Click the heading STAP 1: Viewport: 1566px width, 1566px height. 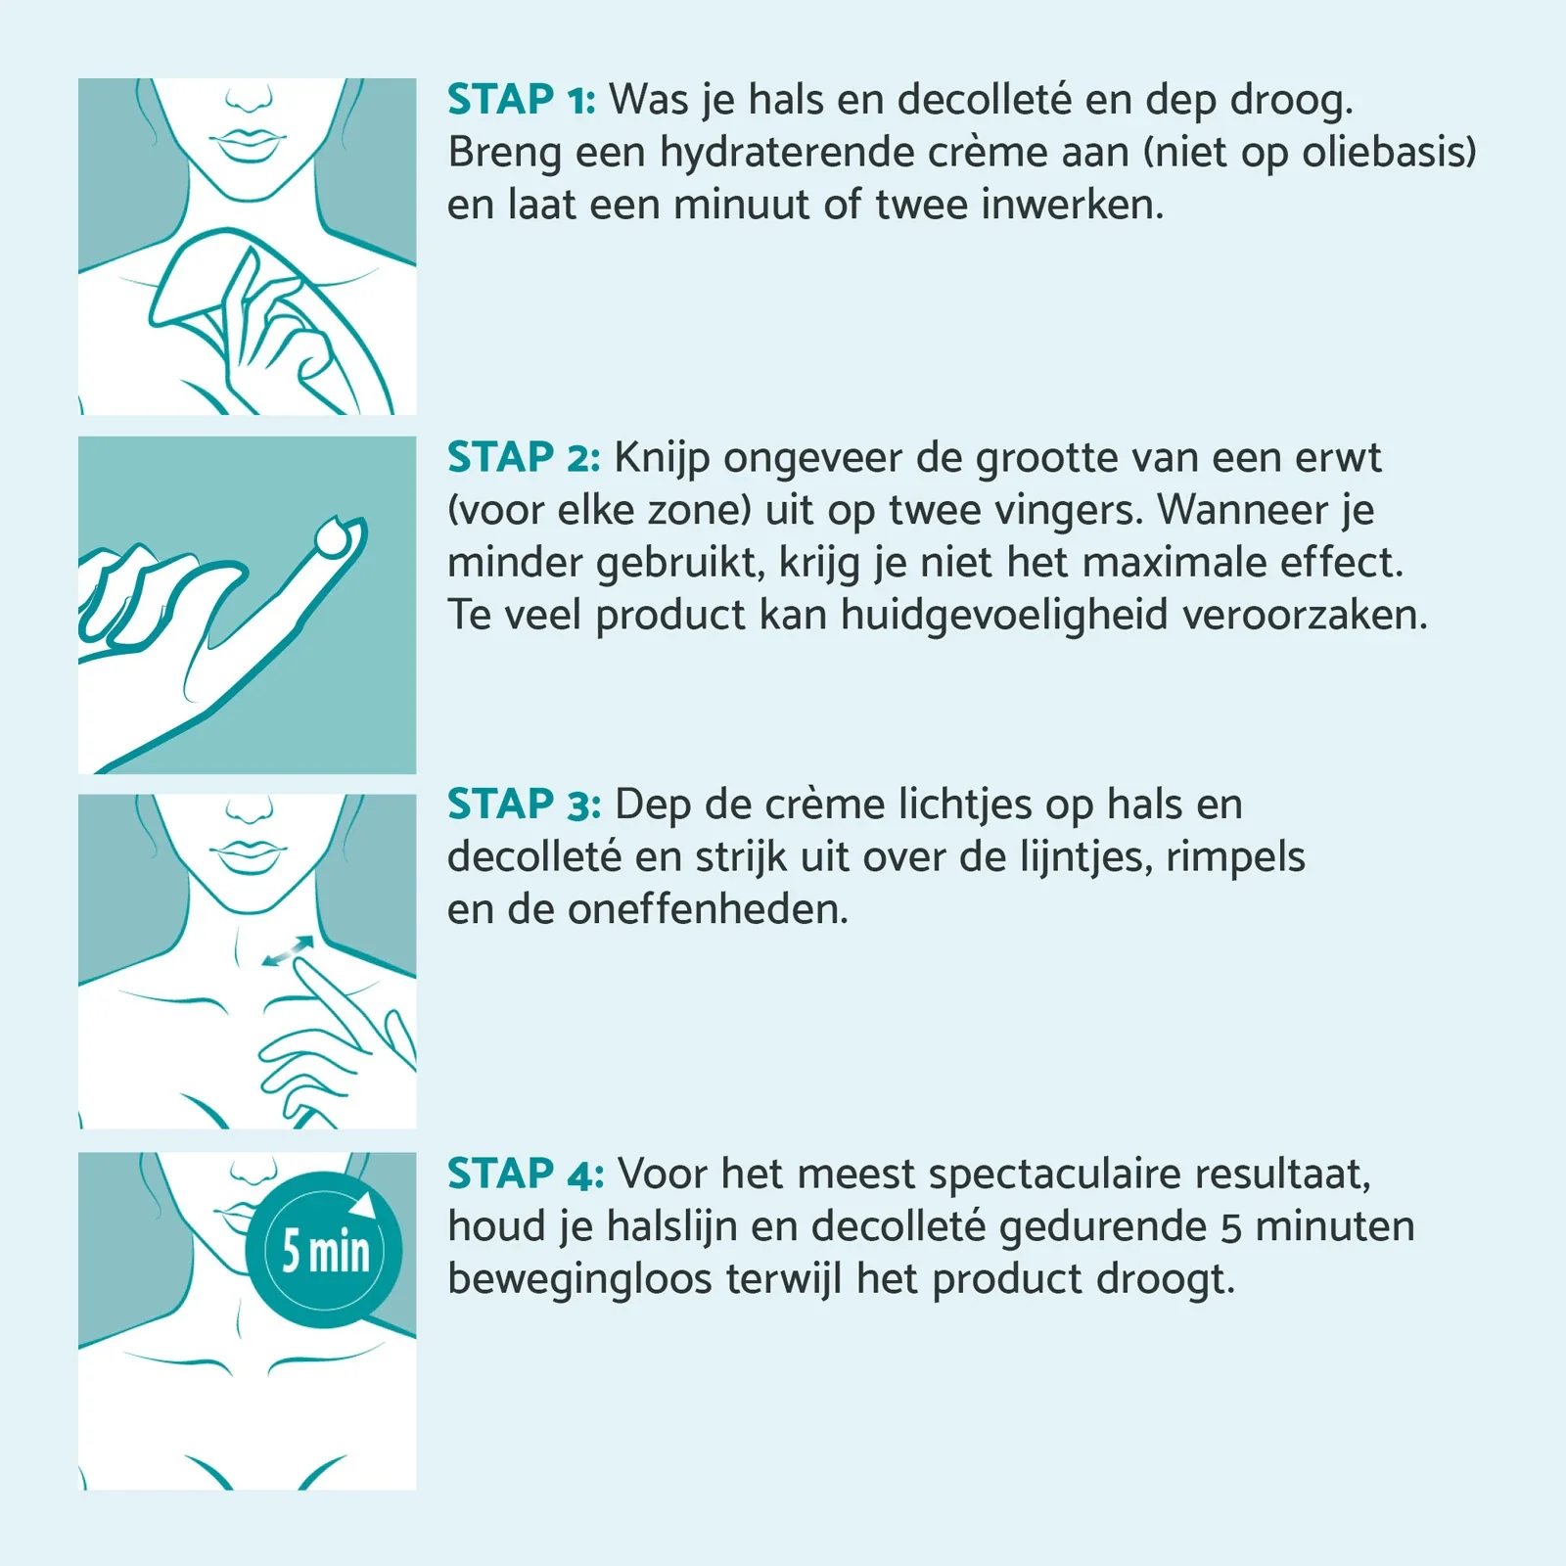coord(521,100)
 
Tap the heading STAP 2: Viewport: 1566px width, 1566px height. coord(524,458)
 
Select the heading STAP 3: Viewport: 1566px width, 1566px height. coord(524,805)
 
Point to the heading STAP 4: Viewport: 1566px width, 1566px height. coord(526,1174)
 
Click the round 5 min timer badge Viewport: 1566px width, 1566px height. coord(324,1250)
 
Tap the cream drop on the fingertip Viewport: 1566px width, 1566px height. coord(334,536)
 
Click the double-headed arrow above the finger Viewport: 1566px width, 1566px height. coord(289,950)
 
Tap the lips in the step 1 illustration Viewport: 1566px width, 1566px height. coord(248,145)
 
